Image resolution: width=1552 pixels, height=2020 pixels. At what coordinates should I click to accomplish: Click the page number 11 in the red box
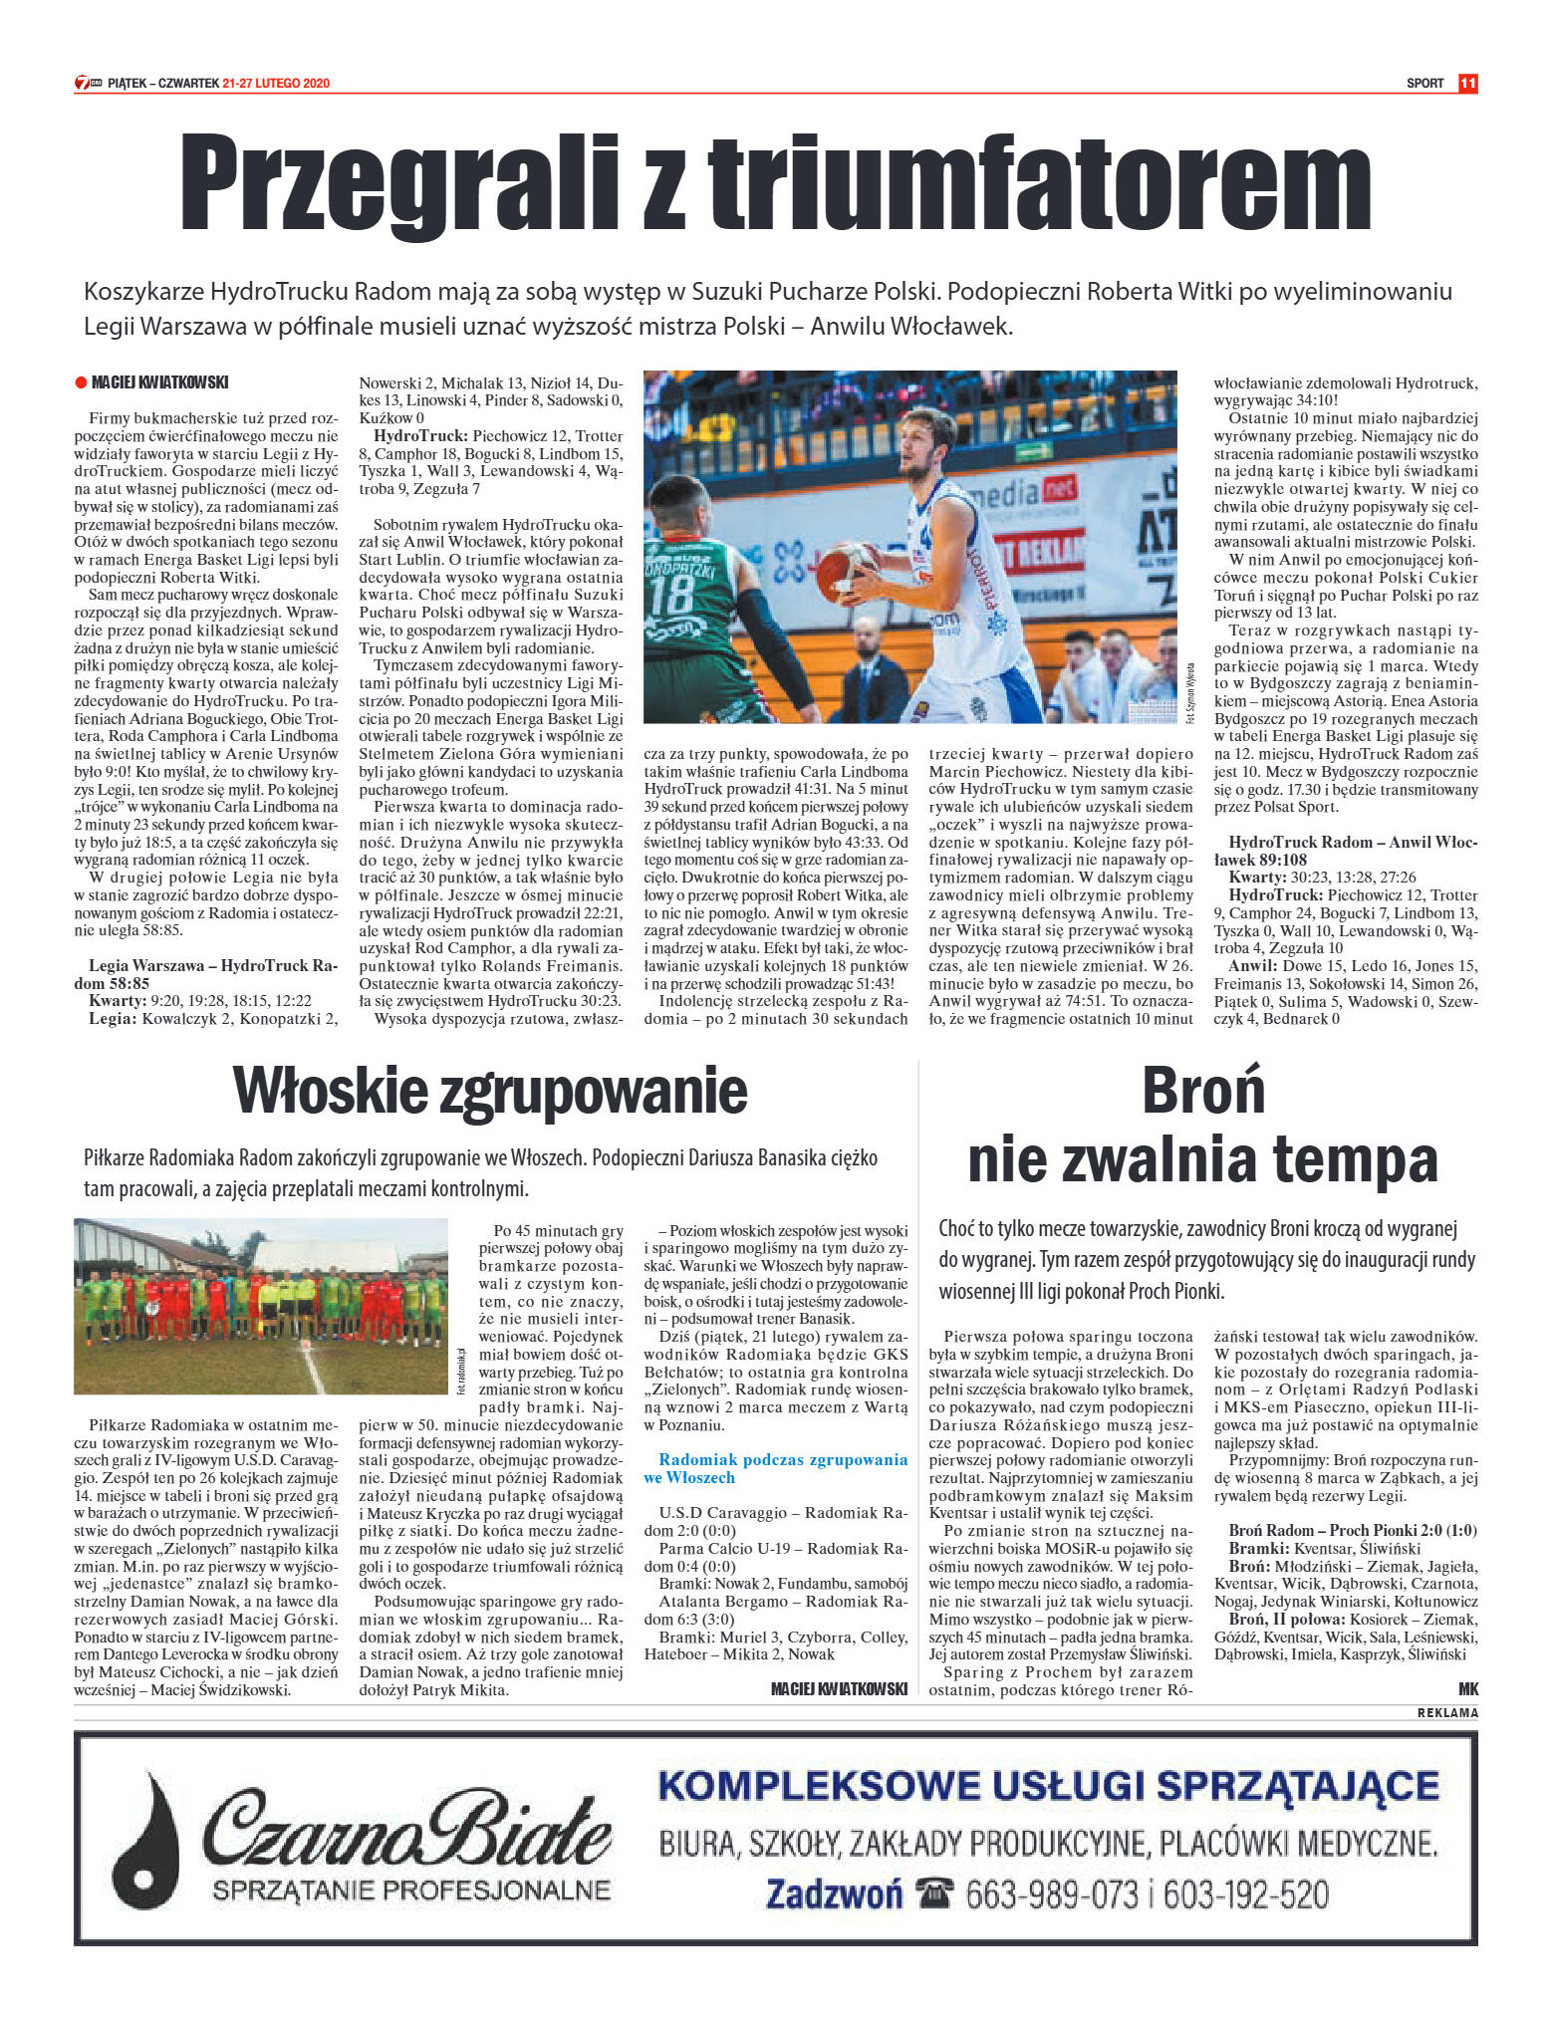tap(1467, 84)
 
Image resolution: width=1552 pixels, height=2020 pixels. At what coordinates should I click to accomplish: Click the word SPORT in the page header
tap(1425, 84)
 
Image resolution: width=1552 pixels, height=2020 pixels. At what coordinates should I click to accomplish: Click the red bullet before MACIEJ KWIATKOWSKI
tap(81, 382)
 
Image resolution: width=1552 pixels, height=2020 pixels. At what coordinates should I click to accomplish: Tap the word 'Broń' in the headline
tap(1203, 1091)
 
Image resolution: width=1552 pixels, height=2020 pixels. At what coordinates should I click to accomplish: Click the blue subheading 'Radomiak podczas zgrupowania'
tap(783, 1459)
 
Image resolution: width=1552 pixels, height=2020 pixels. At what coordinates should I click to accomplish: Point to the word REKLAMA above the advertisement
tap(1447, 1713)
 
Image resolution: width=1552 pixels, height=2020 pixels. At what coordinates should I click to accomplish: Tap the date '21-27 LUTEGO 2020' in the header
tap(276, 84)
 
